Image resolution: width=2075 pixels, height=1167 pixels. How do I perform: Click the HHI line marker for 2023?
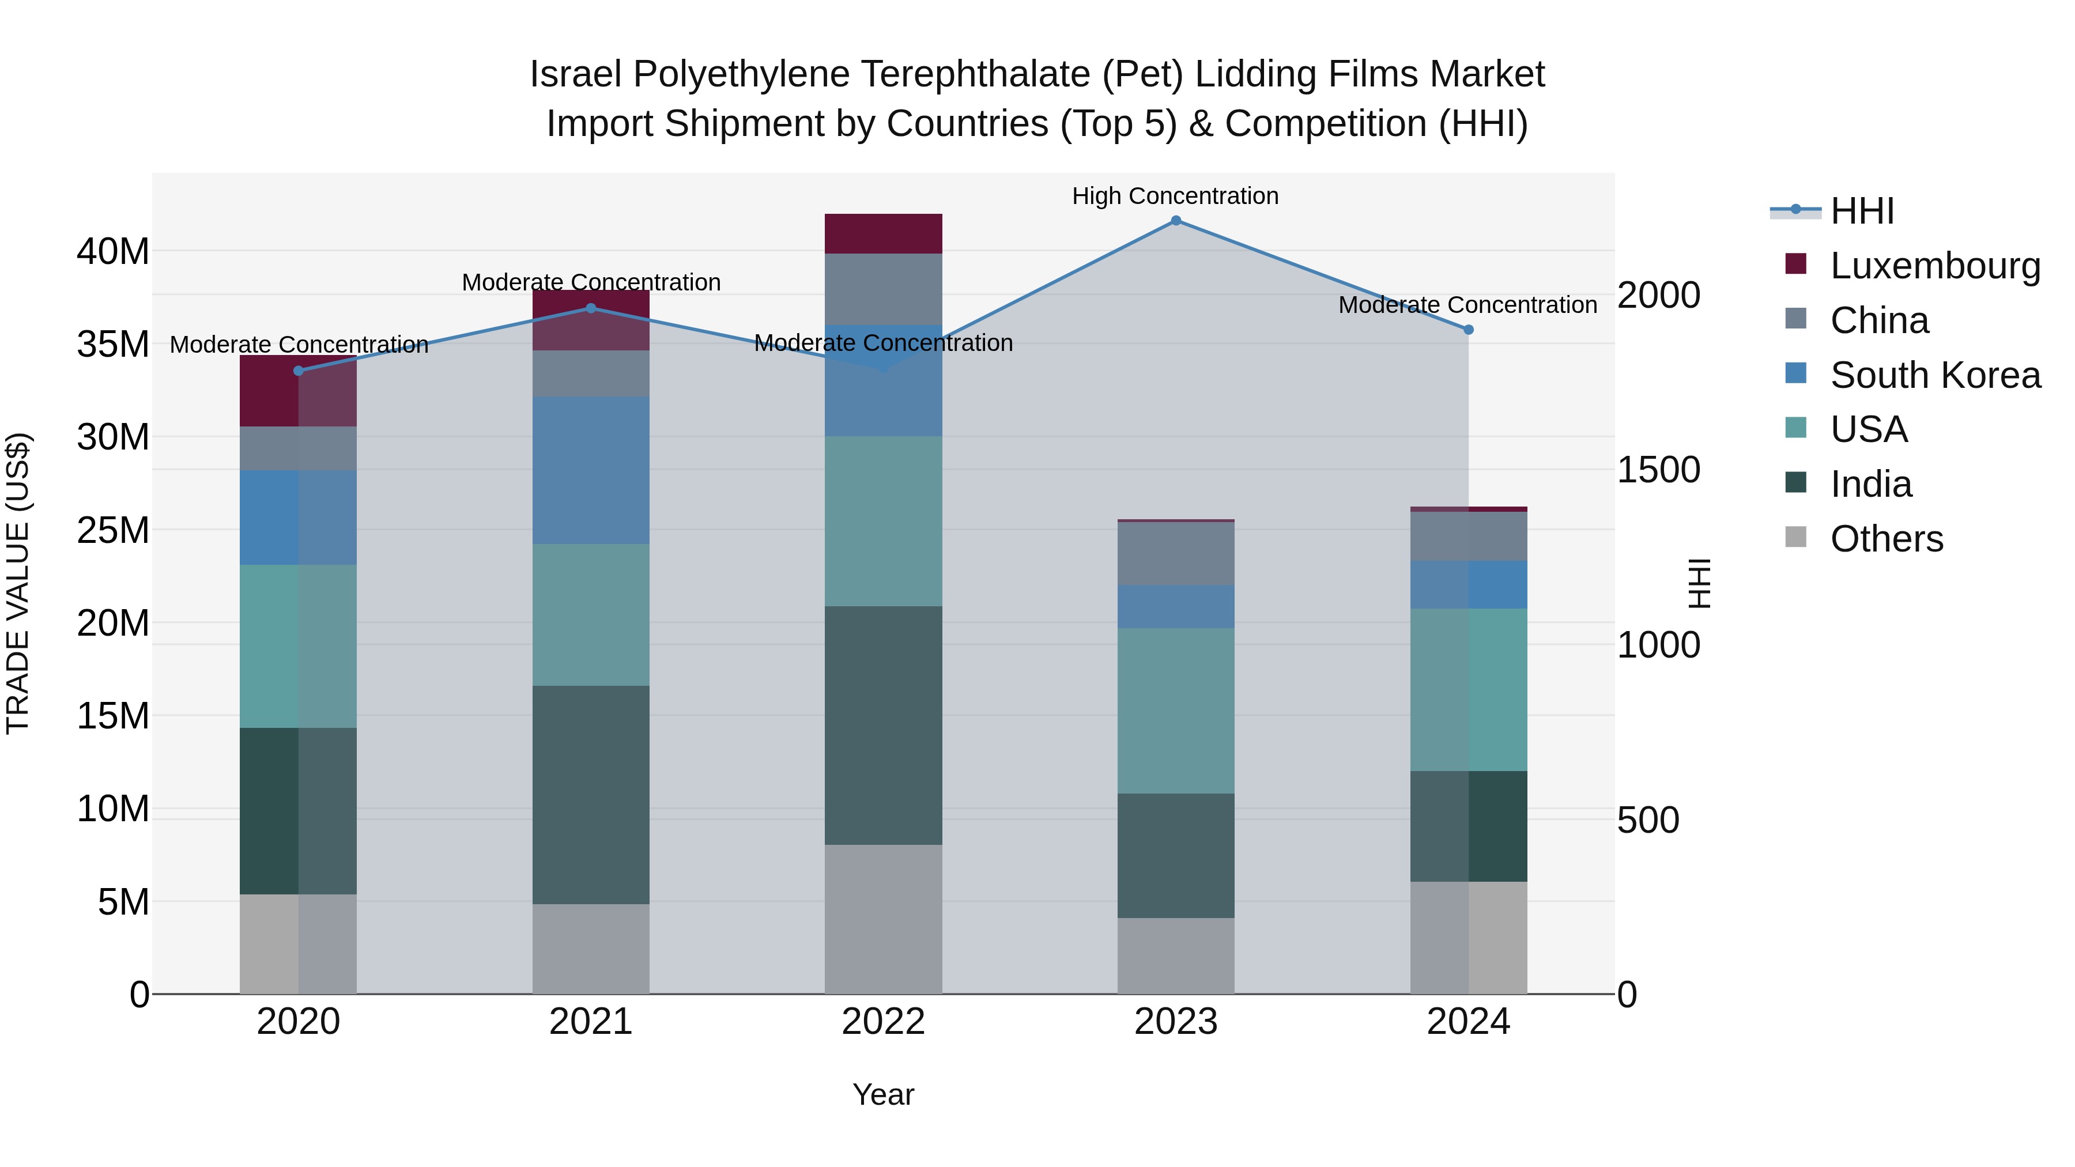tap(1175, 221)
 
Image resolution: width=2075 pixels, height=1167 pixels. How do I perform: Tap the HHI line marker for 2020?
tap(299, 371)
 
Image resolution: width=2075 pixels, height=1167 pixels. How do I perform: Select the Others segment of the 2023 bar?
tap(1175, 956)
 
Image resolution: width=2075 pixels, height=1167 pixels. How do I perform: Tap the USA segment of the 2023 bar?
tap(1175, 711)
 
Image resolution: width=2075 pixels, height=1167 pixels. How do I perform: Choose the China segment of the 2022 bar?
tap(883, 289)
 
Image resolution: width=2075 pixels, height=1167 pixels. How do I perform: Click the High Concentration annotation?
tap(1175, 197)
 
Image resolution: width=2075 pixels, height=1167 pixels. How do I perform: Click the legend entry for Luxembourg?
tap(1935, 266)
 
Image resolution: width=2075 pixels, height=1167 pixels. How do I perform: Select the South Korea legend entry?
tap(1935, 375)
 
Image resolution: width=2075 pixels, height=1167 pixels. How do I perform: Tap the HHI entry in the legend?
tap(1862, 211)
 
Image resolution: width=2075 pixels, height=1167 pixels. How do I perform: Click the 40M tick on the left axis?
tap(113, 252)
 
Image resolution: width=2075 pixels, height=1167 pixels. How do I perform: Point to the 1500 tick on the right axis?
tap(1658, 470)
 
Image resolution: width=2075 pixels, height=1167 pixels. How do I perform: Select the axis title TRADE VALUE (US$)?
tap(18, 583)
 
